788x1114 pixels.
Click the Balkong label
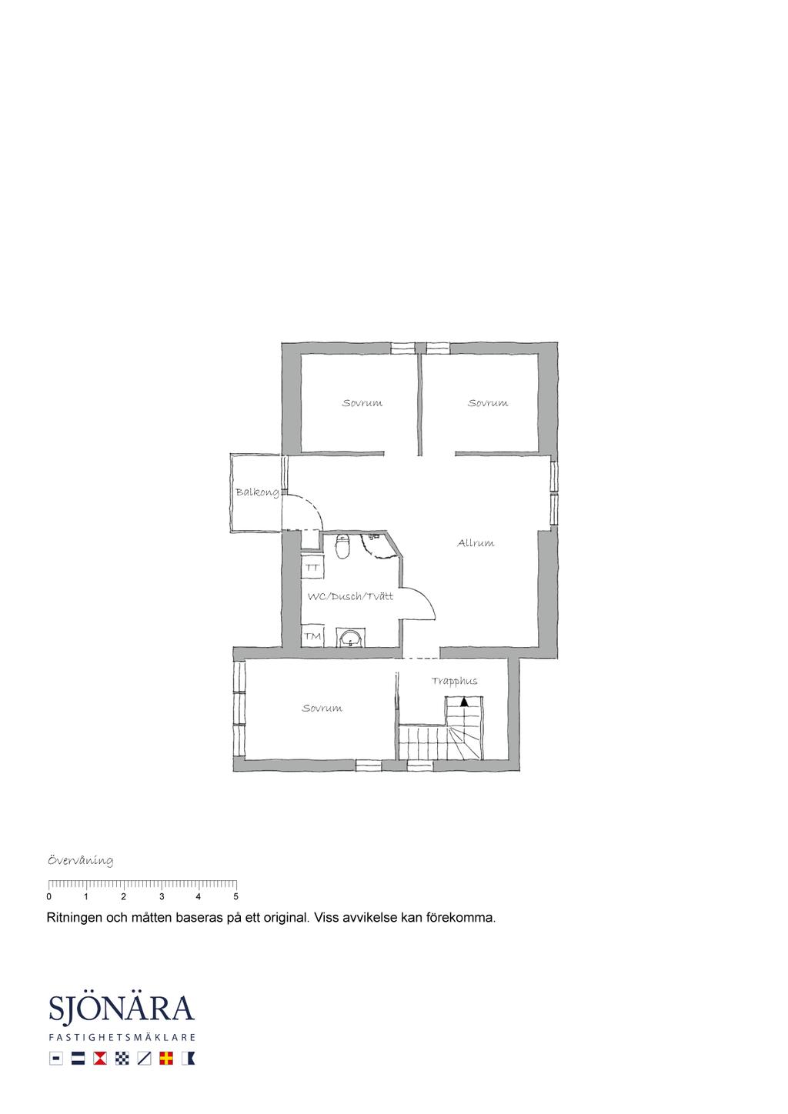click(x=257, y=493)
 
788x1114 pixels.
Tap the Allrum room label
click(x=476, y=543)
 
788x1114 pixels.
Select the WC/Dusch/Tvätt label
click(x=350, y=596)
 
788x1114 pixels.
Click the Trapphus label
click(x=454, y=682)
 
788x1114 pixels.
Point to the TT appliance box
click(x=312, y=568)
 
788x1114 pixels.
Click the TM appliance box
click(x=312, y=636)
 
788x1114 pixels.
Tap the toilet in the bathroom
click(x=342, y=546)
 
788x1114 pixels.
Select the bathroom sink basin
click(x=351, y=637)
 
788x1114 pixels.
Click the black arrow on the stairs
click(x=464, y=702)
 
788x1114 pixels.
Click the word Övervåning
click(x=81, y=860)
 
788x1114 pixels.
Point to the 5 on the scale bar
click(x=235, y=897)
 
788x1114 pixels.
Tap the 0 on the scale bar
click(x=48, y=897)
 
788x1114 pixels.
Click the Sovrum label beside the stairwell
click(x=322, y=709)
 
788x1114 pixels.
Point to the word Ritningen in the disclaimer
click(x=74, y=918)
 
